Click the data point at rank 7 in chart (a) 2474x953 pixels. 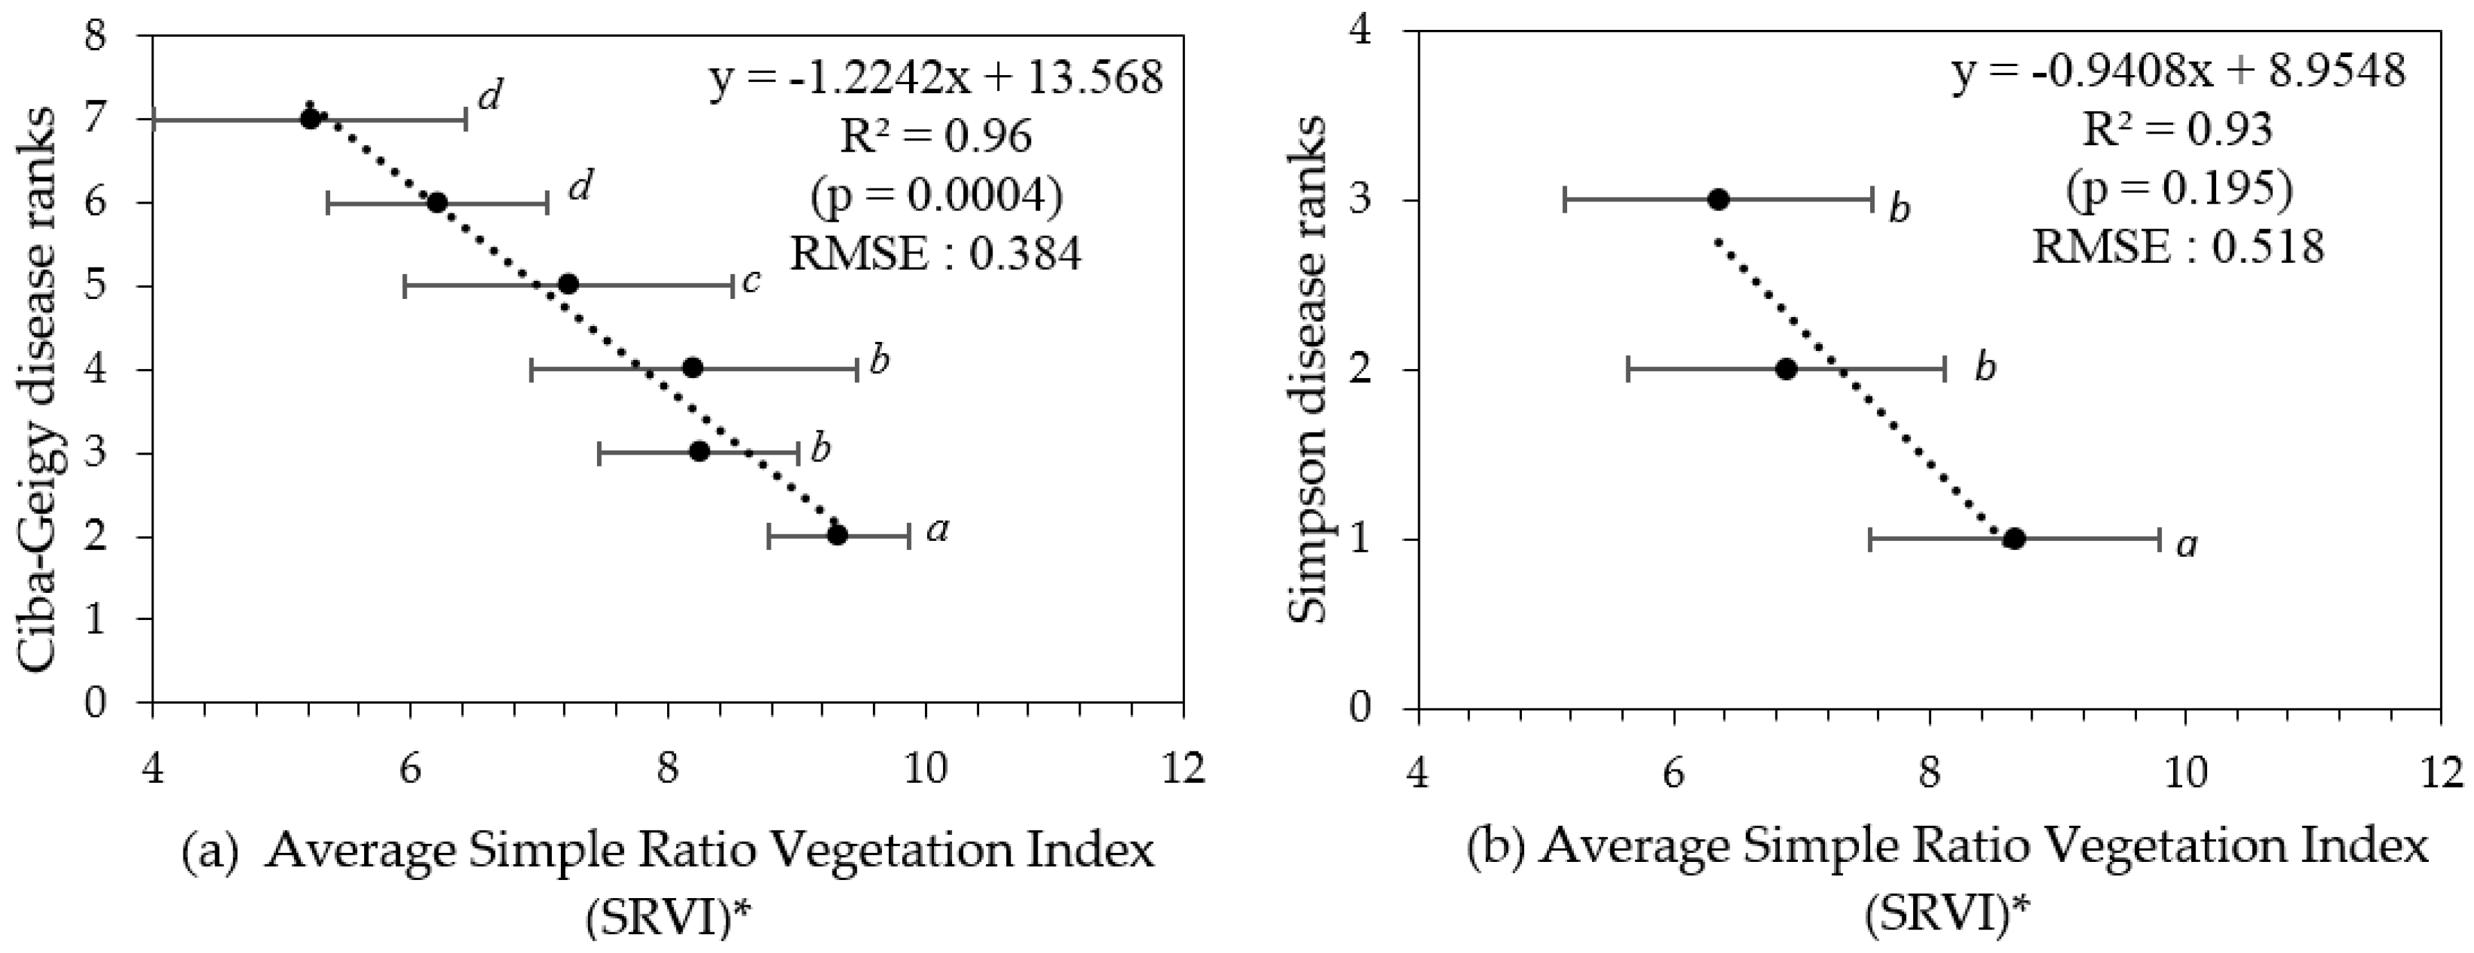click(310, 119)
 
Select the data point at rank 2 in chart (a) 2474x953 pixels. click(837, 535)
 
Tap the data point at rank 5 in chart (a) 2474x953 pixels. click(568, 284)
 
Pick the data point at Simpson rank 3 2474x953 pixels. click(1718, 199)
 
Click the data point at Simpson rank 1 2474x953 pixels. click(2015, 539)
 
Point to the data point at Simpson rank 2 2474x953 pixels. click(1786, 369)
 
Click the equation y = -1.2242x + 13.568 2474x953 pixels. click(936, 79)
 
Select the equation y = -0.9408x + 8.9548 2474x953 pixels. click(2178, 73)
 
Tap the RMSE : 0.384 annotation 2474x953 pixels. click(936, 254)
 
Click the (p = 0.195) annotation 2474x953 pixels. click(2178, 189)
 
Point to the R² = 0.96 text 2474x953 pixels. click(936, 138)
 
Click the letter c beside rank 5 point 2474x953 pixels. click(752, 281)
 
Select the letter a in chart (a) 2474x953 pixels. click(938, 530)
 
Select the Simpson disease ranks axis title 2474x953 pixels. click(1307, 370)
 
